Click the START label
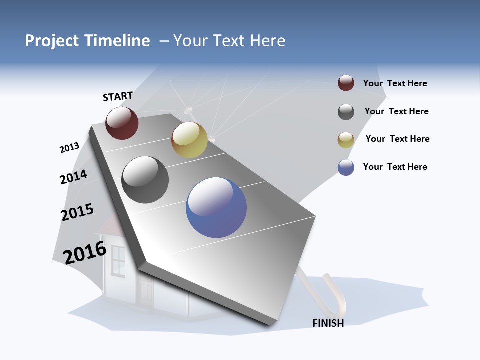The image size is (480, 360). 118,96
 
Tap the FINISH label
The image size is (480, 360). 328,323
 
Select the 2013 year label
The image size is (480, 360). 69,148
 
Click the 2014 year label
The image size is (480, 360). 73,177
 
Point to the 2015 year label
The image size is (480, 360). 77,212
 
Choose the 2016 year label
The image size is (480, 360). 85,253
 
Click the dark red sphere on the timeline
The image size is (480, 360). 122,123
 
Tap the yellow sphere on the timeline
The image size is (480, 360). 189,139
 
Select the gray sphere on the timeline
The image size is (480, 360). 145,180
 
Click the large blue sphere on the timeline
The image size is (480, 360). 216,207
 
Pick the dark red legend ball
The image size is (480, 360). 346,83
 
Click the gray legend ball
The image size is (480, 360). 346,112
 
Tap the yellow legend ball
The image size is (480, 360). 346,140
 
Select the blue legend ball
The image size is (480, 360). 346,167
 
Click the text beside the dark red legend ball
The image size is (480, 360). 395,84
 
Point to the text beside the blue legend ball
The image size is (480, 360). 395,167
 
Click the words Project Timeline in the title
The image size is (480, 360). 87,41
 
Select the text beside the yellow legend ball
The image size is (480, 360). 397,139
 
